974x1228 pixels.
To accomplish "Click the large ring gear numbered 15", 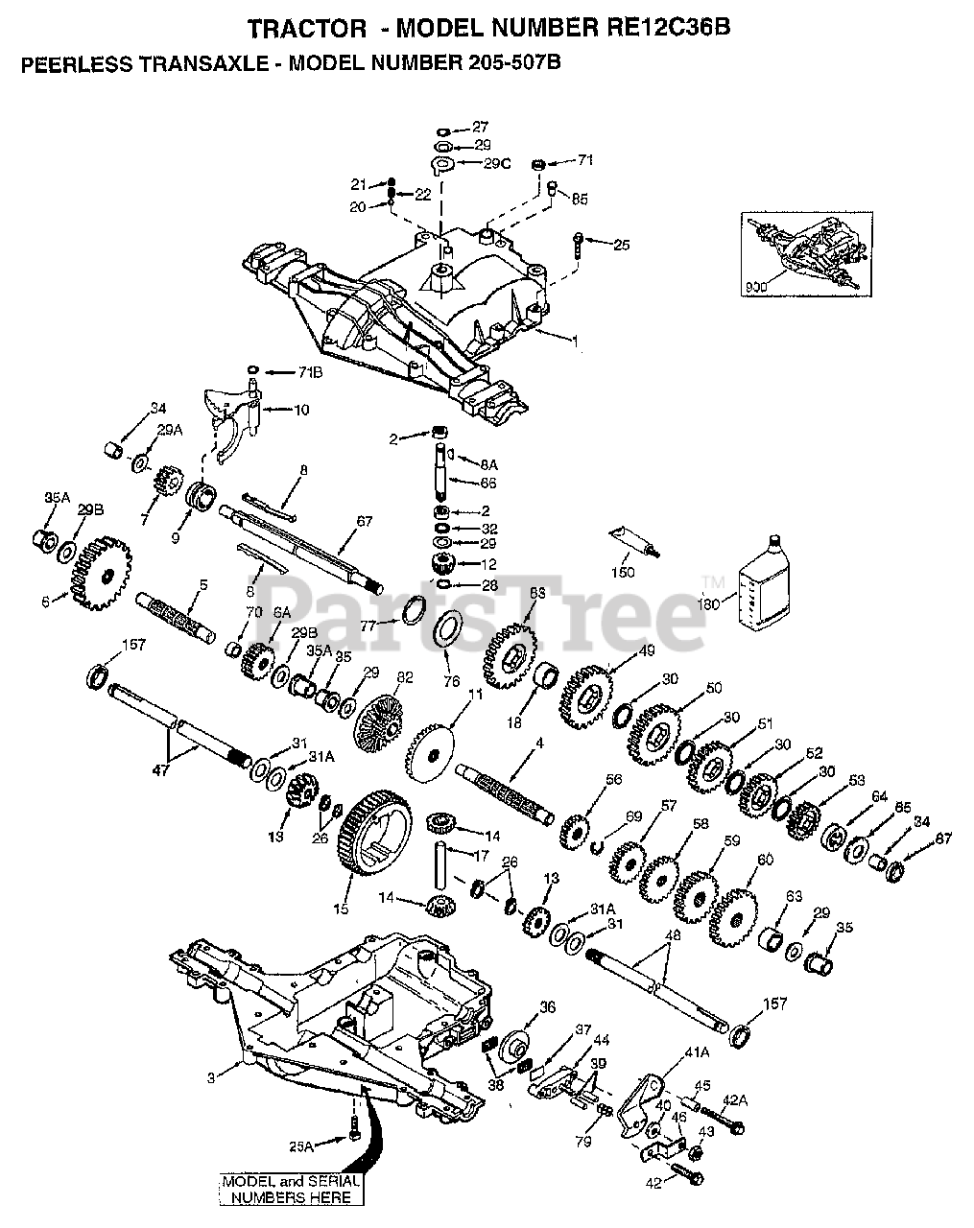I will click(x=374, y=833).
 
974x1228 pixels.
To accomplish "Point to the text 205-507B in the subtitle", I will click(x=504, y=63).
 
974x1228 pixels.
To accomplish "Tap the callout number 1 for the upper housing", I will click(x=575, y=340).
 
